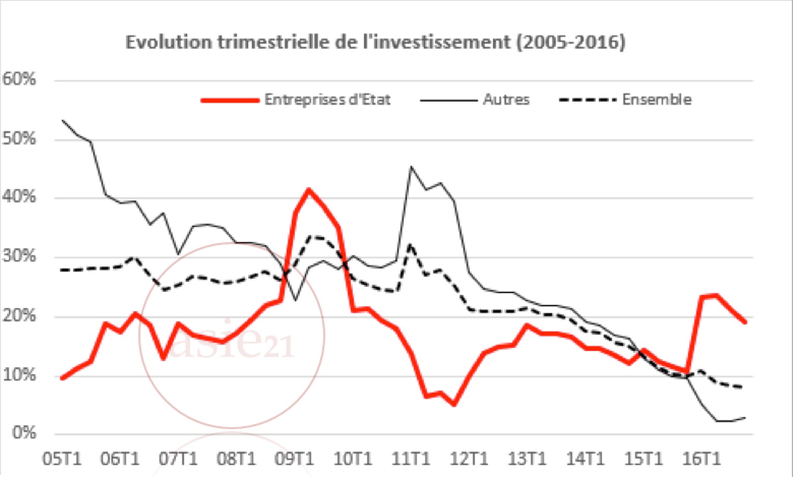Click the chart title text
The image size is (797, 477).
point(375,42)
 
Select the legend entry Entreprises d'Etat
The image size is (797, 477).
point(327,99)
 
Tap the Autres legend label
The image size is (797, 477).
point(506,99)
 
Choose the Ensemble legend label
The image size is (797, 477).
point(656,99)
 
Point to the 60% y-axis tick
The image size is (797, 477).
point(19,79)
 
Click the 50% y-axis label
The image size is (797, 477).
point(19,139)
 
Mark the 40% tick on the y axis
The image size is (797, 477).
point(19,197)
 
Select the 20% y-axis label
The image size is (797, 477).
point(19,316)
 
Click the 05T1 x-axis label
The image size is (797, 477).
point(62,459)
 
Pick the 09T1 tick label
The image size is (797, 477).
point(294,459)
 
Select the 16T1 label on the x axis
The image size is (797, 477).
point(700,459)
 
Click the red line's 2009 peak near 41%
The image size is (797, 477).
point(309,190)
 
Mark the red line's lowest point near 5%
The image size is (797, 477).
point(453,405)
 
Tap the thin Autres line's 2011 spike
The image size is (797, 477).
point(411,167)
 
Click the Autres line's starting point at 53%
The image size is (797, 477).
point(62,121)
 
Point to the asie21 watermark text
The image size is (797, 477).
point(231,342)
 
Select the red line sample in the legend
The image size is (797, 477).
point(230,100)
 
